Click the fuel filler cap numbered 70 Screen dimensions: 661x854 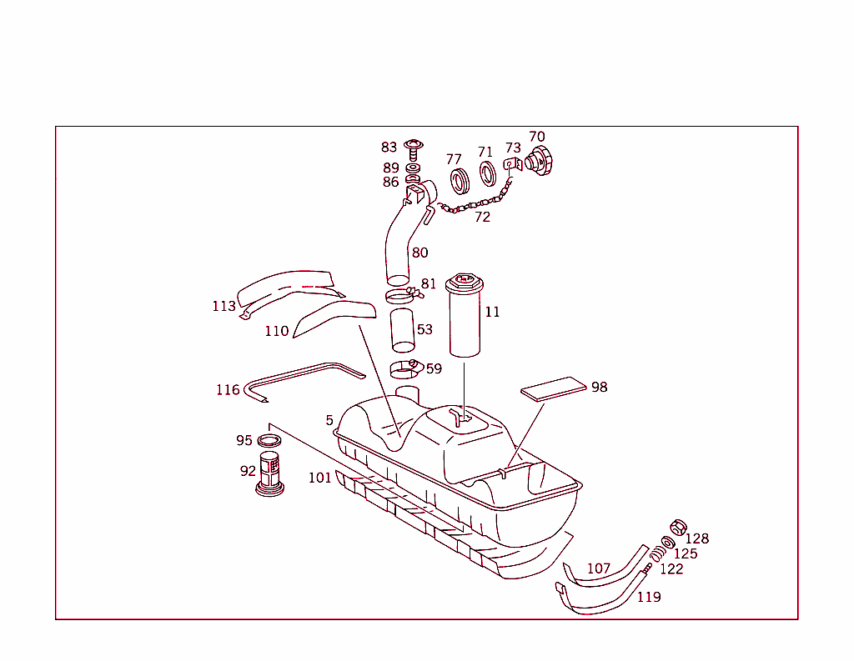537,160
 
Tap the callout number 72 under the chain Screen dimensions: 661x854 482,218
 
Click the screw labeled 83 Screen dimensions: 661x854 413,150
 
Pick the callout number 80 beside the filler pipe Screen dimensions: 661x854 419,253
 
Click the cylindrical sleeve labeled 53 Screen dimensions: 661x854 404,330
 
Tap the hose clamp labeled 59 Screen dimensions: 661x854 406,368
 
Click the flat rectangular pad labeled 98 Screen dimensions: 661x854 553,390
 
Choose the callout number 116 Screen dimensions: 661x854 228,390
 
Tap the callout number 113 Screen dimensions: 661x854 224,307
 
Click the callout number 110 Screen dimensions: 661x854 277,332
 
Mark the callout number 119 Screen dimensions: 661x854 649,597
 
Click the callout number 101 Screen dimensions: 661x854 319,478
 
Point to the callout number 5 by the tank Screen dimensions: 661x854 329,420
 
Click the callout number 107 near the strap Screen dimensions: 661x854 599,568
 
